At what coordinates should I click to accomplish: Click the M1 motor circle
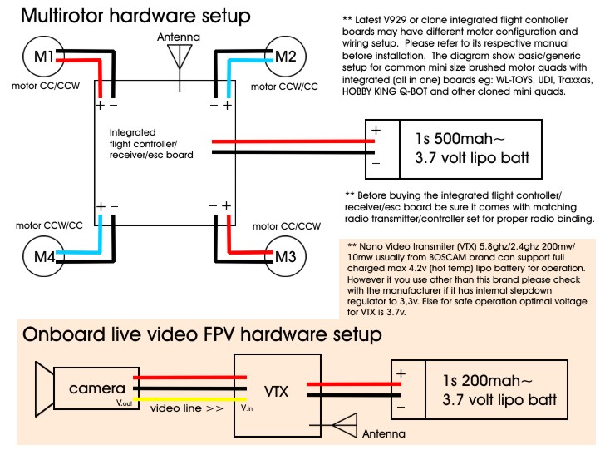click(42, 57)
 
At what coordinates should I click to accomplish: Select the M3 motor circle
click(284, 256)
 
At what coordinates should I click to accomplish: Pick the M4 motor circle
click(43, 256)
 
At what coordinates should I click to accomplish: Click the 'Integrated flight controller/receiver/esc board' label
click(151, 143)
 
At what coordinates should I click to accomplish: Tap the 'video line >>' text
click(188, 409)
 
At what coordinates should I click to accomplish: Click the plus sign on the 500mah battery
click(376, 131)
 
